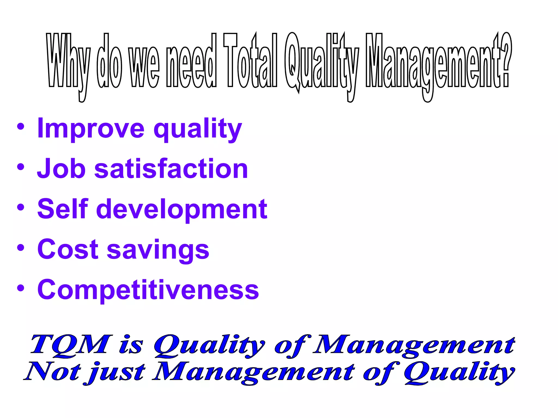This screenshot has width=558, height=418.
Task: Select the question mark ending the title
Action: [x=506, y=61]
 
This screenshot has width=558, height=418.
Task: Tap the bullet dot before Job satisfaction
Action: [x=21, y=167]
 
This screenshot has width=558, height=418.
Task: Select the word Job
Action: [x=61, y=169]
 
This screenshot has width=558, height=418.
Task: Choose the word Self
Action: [x=63, y=209]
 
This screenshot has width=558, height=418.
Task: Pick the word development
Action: [x=181, y=210]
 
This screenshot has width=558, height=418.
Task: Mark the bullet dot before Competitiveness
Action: [x=21, y=288]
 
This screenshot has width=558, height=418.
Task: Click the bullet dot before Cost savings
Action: [x=21, y=248]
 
